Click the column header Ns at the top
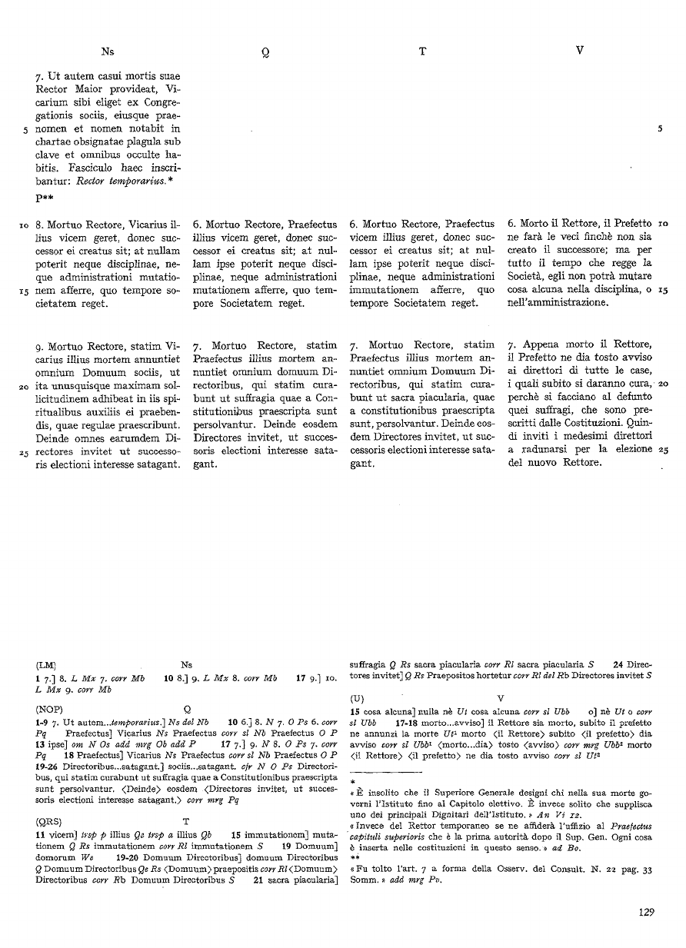coord(108,52)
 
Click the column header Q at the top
coord(265,52)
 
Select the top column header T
coord(422,52)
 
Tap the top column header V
coord(580,52)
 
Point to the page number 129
coord(645,913)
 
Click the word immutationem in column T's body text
coord(382,289)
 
